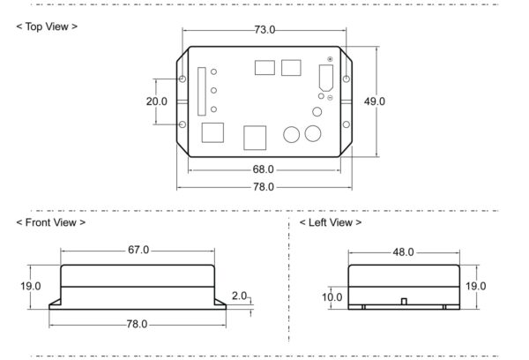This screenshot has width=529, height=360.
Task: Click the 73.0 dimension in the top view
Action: point(264,30)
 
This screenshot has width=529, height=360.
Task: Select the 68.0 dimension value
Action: point(263,169)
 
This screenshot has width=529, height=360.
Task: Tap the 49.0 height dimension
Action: point(375,101)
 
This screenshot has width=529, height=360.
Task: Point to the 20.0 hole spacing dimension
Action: point(157,101)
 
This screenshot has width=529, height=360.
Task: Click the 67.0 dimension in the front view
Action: point(138,250)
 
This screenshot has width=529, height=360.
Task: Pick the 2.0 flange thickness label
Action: point(239,296)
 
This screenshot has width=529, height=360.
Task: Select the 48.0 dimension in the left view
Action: point(403,252)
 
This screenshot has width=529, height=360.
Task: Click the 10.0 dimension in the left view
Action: point(332,297)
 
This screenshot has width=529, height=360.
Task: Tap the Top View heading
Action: point(47,26)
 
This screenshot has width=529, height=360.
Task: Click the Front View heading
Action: point(51,222)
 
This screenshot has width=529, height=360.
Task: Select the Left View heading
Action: point(331,222)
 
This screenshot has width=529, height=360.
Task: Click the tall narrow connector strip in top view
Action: point(202,92)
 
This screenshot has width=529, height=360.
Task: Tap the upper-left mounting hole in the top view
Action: point(183,79)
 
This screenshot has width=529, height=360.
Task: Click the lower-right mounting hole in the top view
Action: point(346,124)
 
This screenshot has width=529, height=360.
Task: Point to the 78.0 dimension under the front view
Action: point(137,324)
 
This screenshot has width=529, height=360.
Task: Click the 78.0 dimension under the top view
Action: point(264,187)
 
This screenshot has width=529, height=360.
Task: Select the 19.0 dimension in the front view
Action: point(31,286)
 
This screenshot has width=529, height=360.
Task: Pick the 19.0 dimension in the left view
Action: point(476,286)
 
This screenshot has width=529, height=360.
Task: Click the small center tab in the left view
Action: point(404,301)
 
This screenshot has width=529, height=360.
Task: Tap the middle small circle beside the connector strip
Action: point(213,91)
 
